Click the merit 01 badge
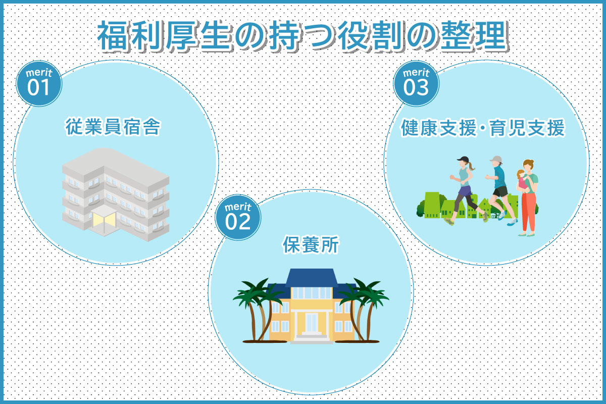tap(39, 83)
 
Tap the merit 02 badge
tap(238, 217)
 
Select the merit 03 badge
tap(416, 83)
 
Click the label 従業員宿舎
tap(113, 127)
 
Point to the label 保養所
tap(311, 244)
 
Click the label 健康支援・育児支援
tap(483, 128)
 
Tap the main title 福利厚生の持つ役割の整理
tap(302, 36)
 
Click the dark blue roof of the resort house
tap(312, 278)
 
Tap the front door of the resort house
tap(312, 323)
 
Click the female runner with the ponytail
tap(465, 189)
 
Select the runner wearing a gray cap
tap(500, 190)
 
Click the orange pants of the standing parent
tap(529, 213)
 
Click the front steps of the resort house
tap(312, 338)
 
